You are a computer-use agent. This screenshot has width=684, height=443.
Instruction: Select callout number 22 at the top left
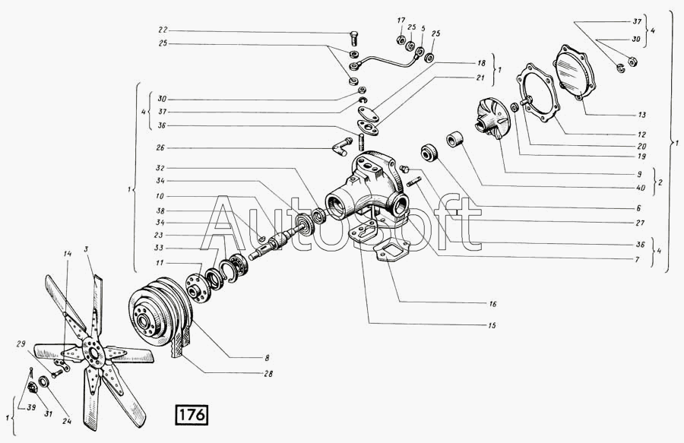pyautogui.click(x=163, y=30)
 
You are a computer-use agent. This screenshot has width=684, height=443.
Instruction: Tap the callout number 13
pyautogui.click(x=641, y=115)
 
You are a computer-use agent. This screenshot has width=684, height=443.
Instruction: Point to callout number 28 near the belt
pyautogui.click(x=270, y=374)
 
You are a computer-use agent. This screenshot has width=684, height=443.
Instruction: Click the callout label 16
pyautogui.click(x=493, y=303)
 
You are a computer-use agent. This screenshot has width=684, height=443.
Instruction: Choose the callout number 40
pyautogui.click(x=642, y=186)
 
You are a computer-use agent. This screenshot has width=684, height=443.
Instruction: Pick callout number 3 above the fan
pyautogui.click(x=87, y=249)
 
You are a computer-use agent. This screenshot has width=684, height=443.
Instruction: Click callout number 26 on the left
pyautogui.click(x=161, y=147)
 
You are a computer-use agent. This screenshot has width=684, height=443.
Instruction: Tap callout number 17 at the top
pyautogui.click(x=401, y=20)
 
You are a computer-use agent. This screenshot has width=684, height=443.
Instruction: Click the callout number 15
pyautogui.click(x=493, y=325)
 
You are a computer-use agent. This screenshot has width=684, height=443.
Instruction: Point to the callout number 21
pyautogui.click(x=481, y=78)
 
